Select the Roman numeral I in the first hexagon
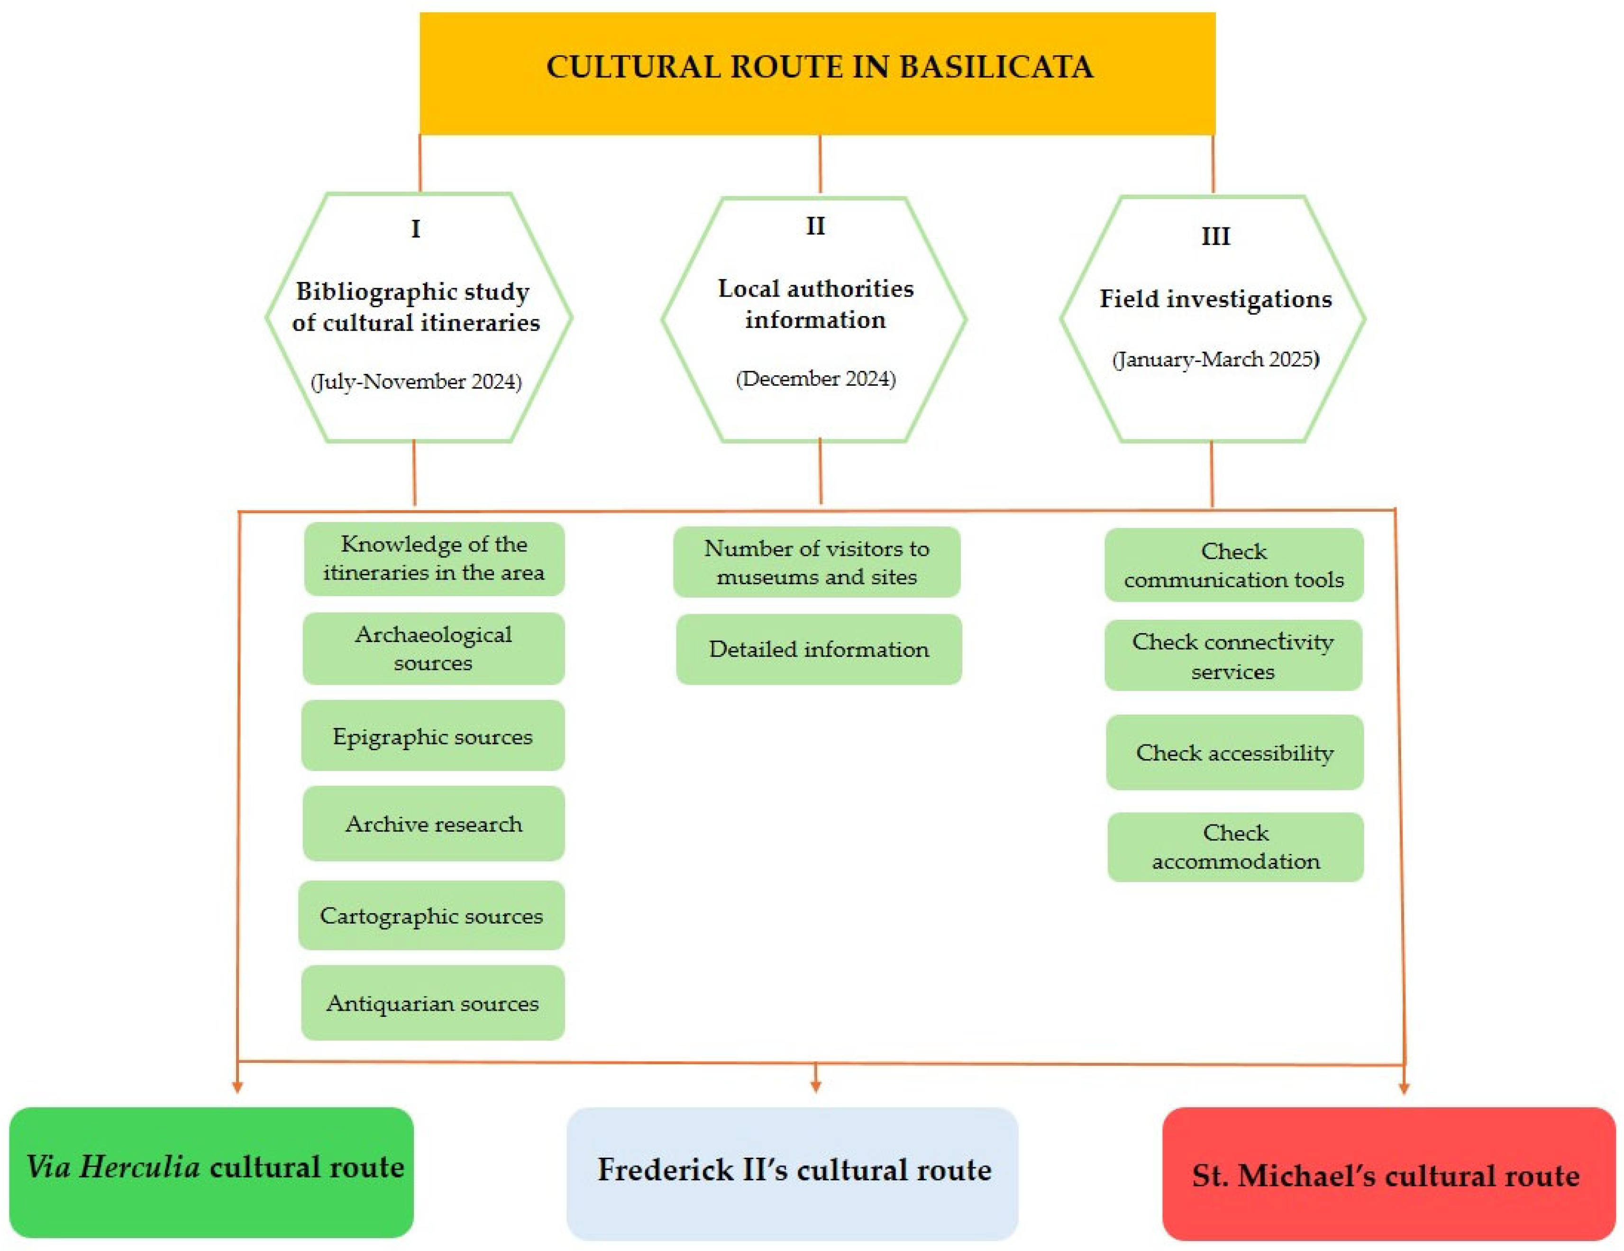point(416,228)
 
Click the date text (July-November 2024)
point(416,381)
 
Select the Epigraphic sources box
point(433,736)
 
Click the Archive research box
point(434,824)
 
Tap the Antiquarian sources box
point(433,1003)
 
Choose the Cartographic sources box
point(431,915)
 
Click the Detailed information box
point(818,649)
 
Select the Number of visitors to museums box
point(816,562)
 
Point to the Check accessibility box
point(1234,752)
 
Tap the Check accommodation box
point(1235,847)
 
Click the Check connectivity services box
point(1233,656)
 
